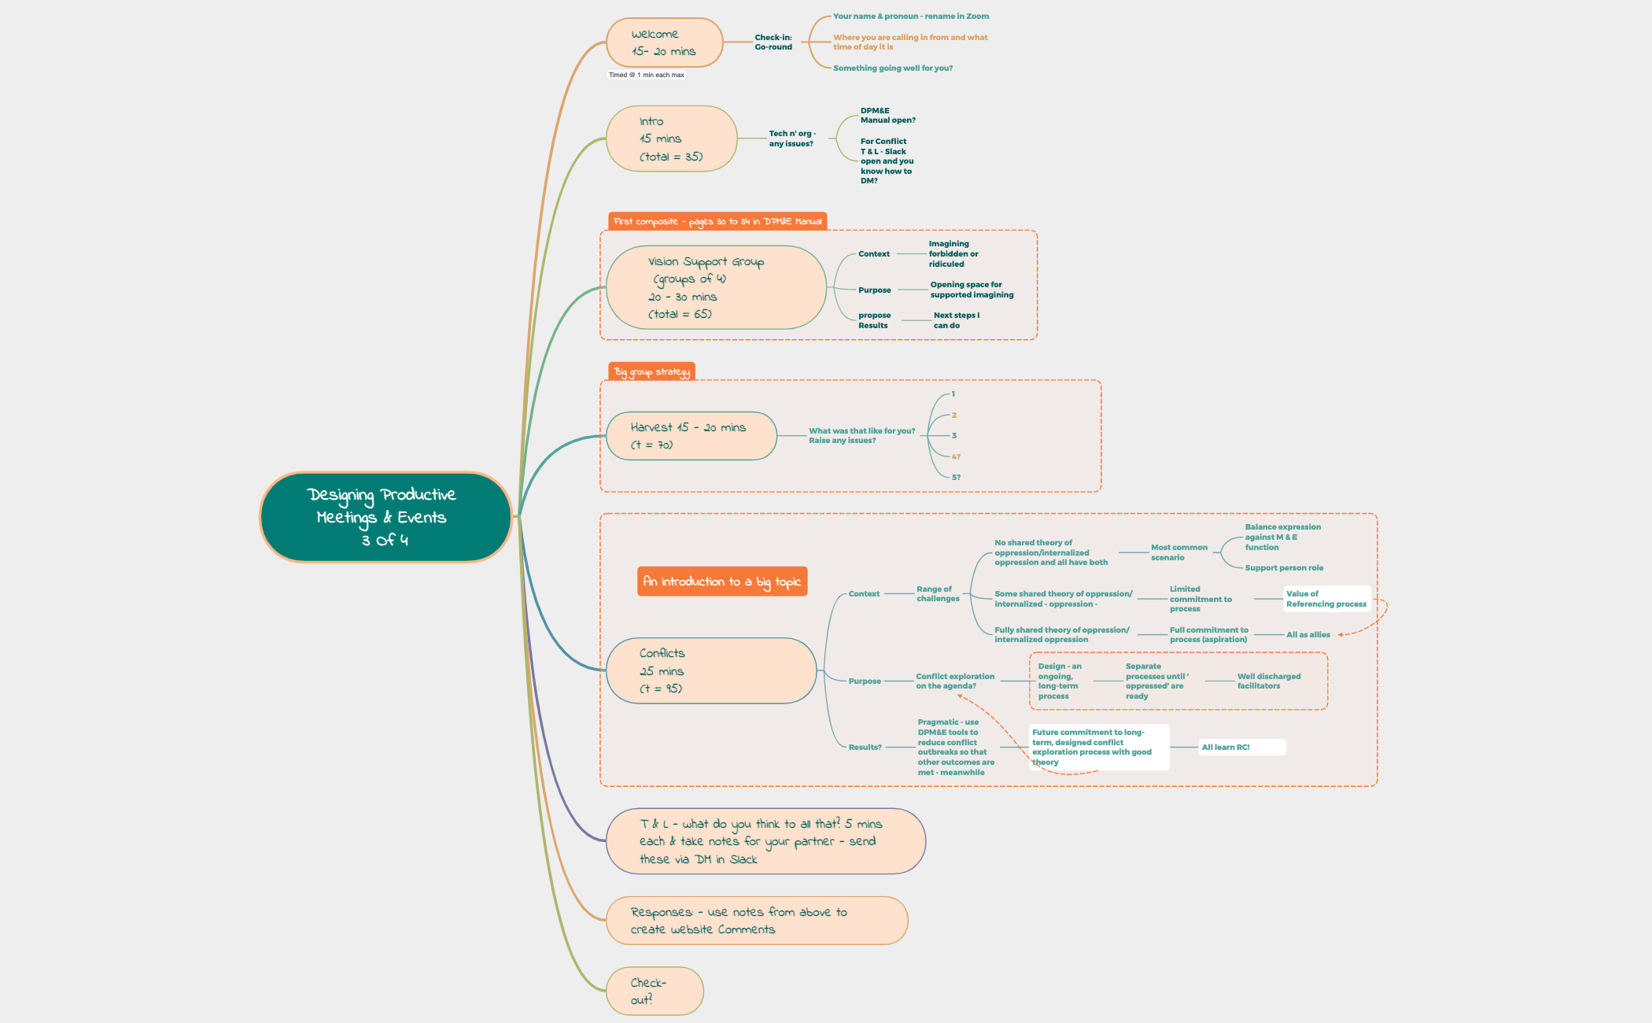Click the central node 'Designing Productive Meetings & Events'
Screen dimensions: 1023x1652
(385, 517)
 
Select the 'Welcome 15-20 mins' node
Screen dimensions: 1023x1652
(664, 42)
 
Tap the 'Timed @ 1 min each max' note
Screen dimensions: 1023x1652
(647, 75)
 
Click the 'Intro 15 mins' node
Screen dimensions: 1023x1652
(671, 138)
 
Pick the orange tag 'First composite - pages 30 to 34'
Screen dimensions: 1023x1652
(717, 221)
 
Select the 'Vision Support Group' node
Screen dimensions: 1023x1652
(715, 287)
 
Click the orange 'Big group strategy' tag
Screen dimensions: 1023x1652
(651, 371)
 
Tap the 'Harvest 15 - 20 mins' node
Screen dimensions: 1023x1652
(691, 436)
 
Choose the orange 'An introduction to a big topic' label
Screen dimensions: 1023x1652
(721, 582)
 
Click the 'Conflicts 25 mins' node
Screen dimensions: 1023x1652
(710, 670)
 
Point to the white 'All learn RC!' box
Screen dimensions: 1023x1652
(1241, 747)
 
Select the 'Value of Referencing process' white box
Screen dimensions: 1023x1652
(1326, 599)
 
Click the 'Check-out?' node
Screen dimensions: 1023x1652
(654, 991)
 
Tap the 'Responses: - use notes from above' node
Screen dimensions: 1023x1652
(756, 920)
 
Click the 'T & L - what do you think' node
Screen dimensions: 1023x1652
(765, 841)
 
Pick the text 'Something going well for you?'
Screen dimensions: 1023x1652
(892, 68)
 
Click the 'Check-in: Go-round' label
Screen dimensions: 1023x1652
(773, 42)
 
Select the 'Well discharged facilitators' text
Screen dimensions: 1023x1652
(1268, 681)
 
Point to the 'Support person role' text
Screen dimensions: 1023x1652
(1284, 567)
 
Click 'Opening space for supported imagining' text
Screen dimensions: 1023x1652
(972, 290)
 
